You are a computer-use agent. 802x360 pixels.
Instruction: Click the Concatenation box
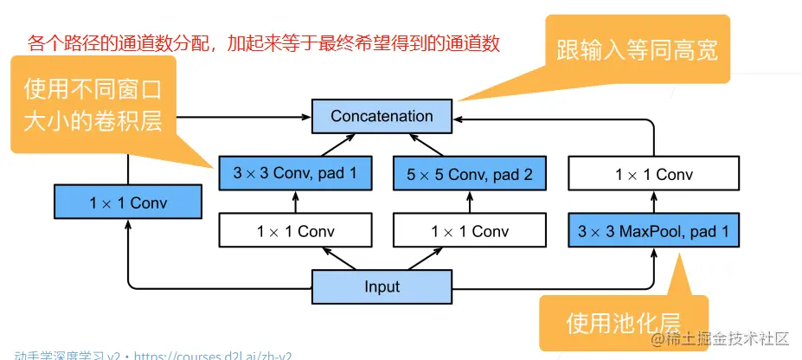click(382, 116)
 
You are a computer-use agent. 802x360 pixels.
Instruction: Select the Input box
click(382, 286)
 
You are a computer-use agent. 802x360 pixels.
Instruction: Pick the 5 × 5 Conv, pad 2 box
click(469, 174)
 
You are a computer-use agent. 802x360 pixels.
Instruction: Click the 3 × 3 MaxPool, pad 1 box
click(653, 231)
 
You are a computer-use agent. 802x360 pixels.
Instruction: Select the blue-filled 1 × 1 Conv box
click(127, 202)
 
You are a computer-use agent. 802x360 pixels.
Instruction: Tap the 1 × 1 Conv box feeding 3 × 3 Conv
click(295, 231)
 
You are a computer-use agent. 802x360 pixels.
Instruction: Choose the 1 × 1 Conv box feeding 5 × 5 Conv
click(469, 231)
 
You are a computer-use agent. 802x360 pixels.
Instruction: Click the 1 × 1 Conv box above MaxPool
click(653, 174)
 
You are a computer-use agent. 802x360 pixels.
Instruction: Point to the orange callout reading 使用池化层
click(623, 322)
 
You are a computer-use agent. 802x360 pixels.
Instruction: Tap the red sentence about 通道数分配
click(264, 42)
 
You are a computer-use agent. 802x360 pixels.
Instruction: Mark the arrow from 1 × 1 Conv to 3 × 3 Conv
click(295, 202)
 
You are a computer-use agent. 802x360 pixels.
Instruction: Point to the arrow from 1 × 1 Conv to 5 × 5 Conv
click(469, 202)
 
